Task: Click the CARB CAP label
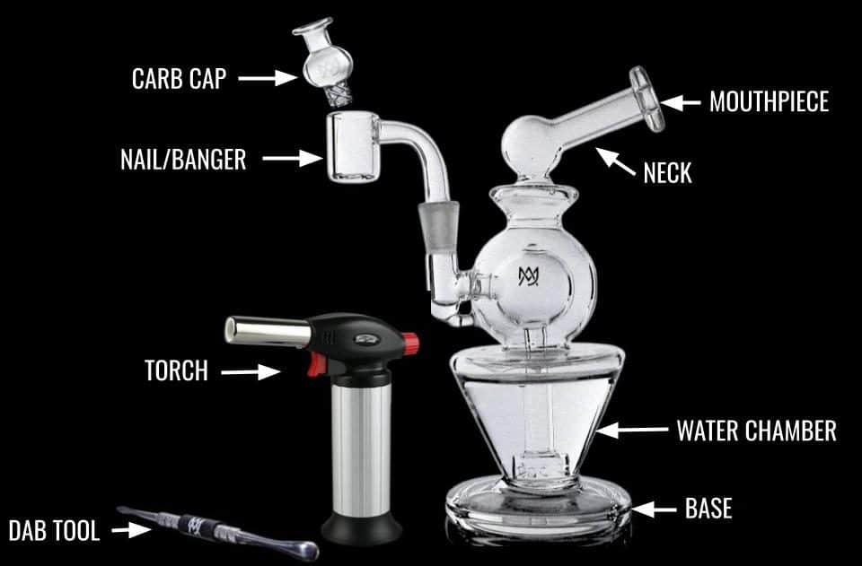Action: coord(180,79)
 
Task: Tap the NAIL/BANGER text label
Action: coord(182,160)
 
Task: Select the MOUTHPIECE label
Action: coord(769,102)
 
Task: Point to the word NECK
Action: coord(667,172)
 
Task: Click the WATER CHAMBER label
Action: coord(756,431)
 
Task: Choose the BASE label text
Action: coord(708,509)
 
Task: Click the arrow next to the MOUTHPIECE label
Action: coord(681,102)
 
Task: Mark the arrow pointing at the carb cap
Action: coord(270,79)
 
